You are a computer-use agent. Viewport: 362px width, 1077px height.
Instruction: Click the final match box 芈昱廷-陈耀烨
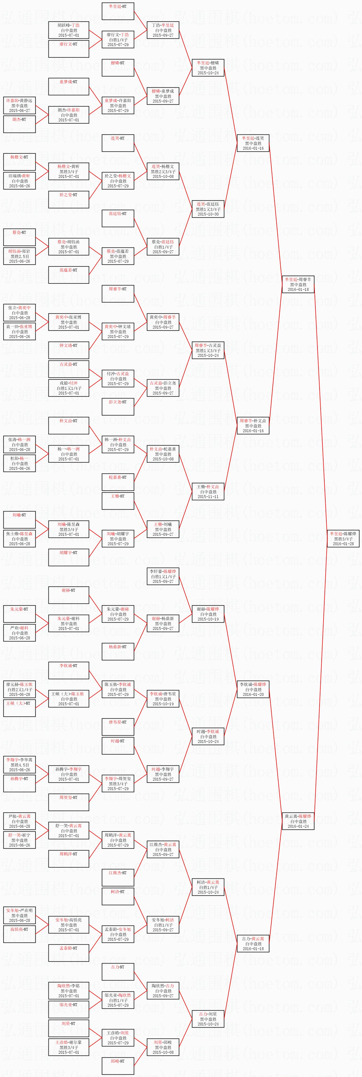(343, 538)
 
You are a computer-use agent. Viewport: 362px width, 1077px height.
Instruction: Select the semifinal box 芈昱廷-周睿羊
(298, 284)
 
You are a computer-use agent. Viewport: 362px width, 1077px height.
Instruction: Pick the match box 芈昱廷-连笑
(253, 143)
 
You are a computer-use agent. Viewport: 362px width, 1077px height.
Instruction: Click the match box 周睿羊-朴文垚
(253, 426)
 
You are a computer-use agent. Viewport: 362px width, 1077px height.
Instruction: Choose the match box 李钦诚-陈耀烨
(253, 689)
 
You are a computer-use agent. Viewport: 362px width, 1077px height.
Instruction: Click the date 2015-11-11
(208, 497)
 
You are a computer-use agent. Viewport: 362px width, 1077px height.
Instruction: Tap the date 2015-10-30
(208, 214)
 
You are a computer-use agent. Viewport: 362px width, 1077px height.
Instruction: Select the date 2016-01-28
(343, 544)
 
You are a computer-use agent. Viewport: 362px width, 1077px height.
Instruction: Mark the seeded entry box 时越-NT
(118, 746)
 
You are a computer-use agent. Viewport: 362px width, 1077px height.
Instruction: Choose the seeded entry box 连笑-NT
(118, 143)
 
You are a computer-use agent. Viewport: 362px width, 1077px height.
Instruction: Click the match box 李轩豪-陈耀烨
(163, 576)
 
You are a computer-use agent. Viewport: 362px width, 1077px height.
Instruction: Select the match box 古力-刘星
(208, 1019)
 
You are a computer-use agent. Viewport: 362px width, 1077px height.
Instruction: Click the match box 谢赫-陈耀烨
(208, 614)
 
